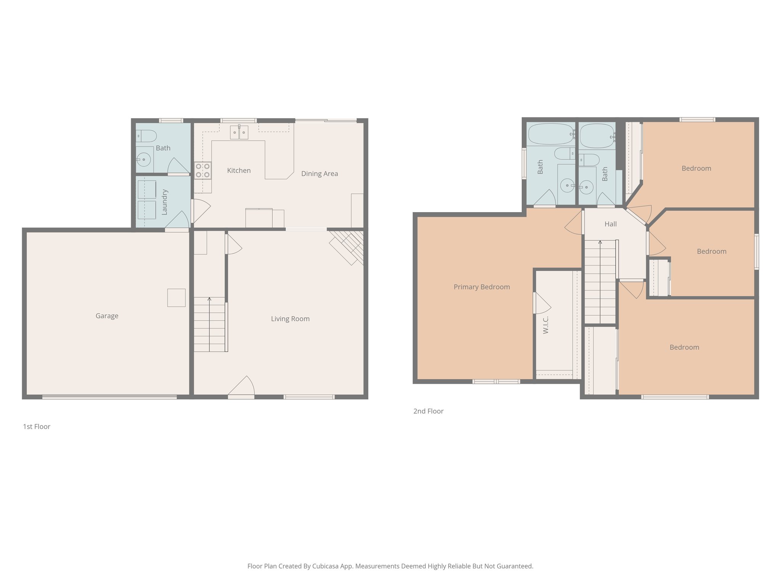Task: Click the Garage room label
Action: point(107,316)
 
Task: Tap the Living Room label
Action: point(290,319)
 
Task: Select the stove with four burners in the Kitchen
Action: point(202,171)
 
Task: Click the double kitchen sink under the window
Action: point(239,132)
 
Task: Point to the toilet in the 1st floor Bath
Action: point(146,136)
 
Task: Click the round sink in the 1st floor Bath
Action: point(144,159)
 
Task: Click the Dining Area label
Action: point(320,174)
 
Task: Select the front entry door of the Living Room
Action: point(241,387)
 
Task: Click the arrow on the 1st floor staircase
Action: point(209,300)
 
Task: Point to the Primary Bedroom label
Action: point(482,287)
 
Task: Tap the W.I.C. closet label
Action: point(546,325)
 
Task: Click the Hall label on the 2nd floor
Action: point(611,224)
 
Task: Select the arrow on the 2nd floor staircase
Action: point(600,243)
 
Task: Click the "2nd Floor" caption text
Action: point(428,411)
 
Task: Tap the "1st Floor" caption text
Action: point(37,427)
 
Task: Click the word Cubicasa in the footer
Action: point(326,566)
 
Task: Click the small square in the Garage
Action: point(176,298)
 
